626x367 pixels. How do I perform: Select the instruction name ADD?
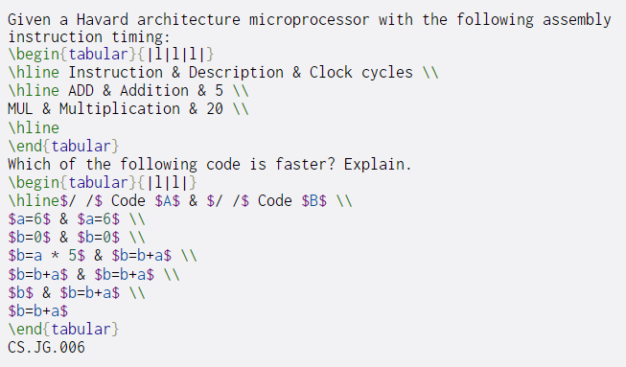81,90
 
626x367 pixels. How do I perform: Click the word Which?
27,164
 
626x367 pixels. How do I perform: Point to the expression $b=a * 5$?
43,256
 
